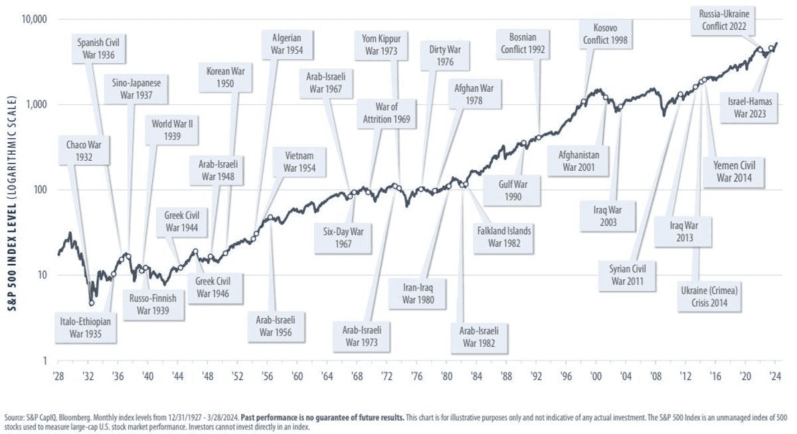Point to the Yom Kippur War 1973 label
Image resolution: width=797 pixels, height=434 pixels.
[x=381, y=43]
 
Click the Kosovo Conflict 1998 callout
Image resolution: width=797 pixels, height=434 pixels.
[x=605, y=33]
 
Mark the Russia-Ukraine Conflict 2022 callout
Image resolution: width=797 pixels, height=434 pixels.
[x=723, y=20]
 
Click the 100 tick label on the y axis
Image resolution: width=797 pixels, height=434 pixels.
[x=41, y=190]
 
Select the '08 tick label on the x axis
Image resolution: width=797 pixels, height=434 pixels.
[x=656, y=376]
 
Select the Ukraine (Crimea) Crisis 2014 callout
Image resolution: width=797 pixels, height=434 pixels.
[x=709, y=296]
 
